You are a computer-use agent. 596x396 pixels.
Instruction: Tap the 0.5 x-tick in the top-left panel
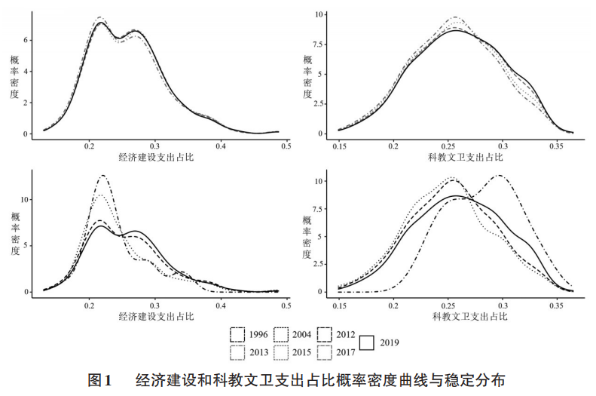point(285,146)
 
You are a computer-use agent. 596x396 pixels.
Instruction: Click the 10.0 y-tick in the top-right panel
point(320,14)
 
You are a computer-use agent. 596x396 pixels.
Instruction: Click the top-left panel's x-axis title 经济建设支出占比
point(155,157)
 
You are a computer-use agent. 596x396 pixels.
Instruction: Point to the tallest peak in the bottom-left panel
point(101,176)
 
